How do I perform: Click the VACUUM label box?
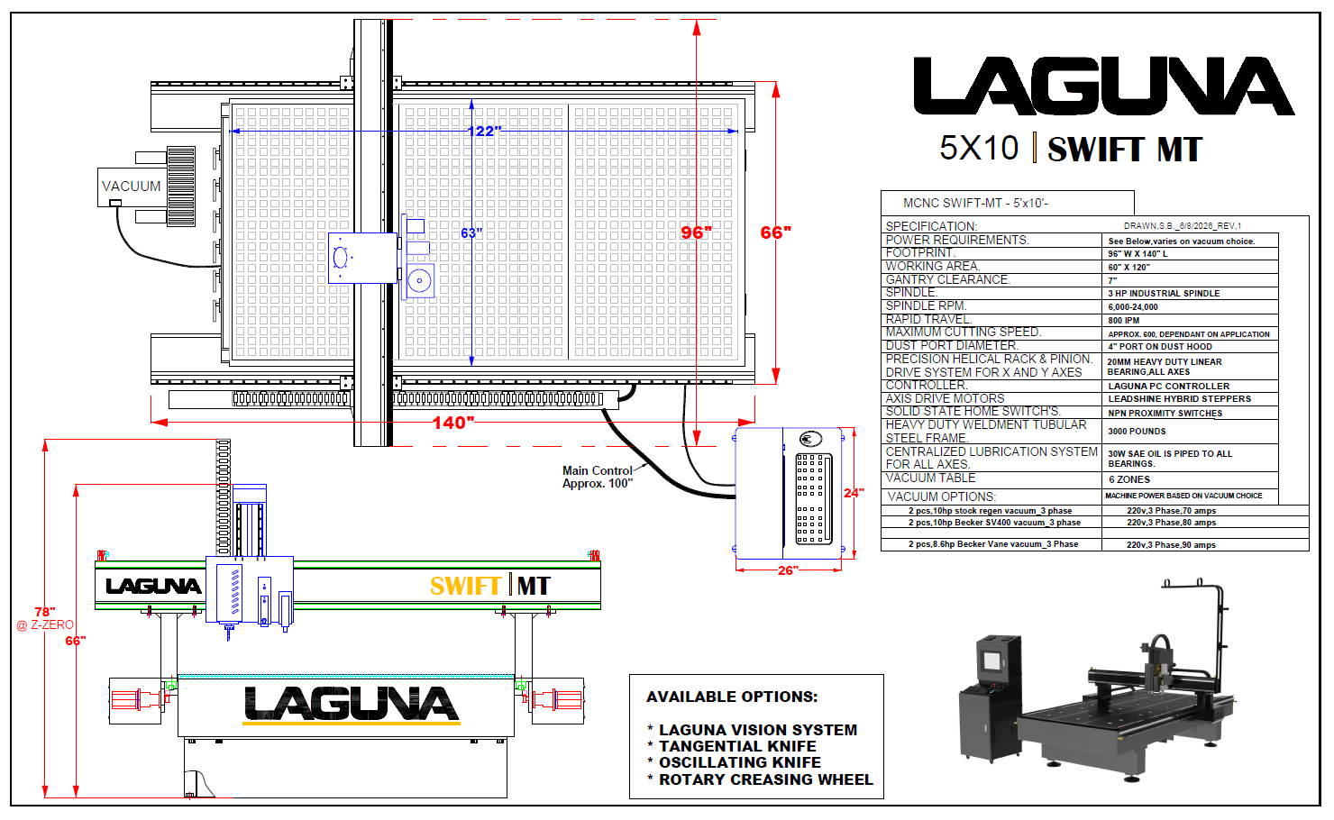click(132, 187)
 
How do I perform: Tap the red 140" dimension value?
click(453, 423)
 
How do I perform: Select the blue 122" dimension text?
click(484, 131)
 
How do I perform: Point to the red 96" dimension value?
click(696, 232)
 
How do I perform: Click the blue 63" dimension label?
click(471, 232)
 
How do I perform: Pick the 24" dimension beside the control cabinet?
click(854, 493)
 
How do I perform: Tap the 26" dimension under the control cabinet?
click(788, 570)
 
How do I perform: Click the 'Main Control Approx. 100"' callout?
click(598, 477)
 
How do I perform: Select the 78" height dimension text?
click(45, 612)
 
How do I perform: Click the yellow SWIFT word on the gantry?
click(465, 586)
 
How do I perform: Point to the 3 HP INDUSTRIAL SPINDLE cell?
click(1164, 294)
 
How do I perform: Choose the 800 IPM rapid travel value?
click(1124, 321)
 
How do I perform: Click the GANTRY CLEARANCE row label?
click(947, 279)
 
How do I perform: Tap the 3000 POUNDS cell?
click(1137, 431)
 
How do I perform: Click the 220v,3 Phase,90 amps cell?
click(1171, 545)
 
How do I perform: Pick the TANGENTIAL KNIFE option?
click(737, 746)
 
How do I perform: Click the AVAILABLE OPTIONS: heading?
click(732, 697)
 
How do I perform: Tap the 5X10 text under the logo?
click(979, 149)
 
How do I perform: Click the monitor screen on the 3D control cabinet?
click(992, 661)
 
